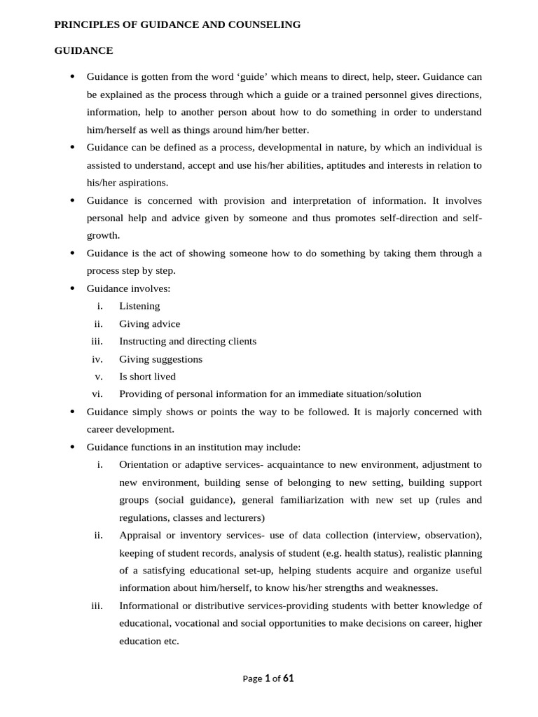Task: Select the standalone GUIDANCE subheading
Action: (84, 50)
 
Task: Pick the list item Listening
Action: (139, 306)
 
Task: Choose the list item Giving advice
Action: (149, 324)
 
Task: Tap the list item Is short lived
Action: (147, 377)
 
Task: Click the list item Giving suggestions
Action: (160, 359)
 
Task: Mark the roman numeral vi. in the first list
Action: (98, 394)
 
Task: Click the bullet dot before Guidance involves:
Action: (72, 288)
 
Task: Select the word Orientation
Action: (145, 464)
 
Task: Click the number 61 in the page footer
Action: (289, 678)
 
